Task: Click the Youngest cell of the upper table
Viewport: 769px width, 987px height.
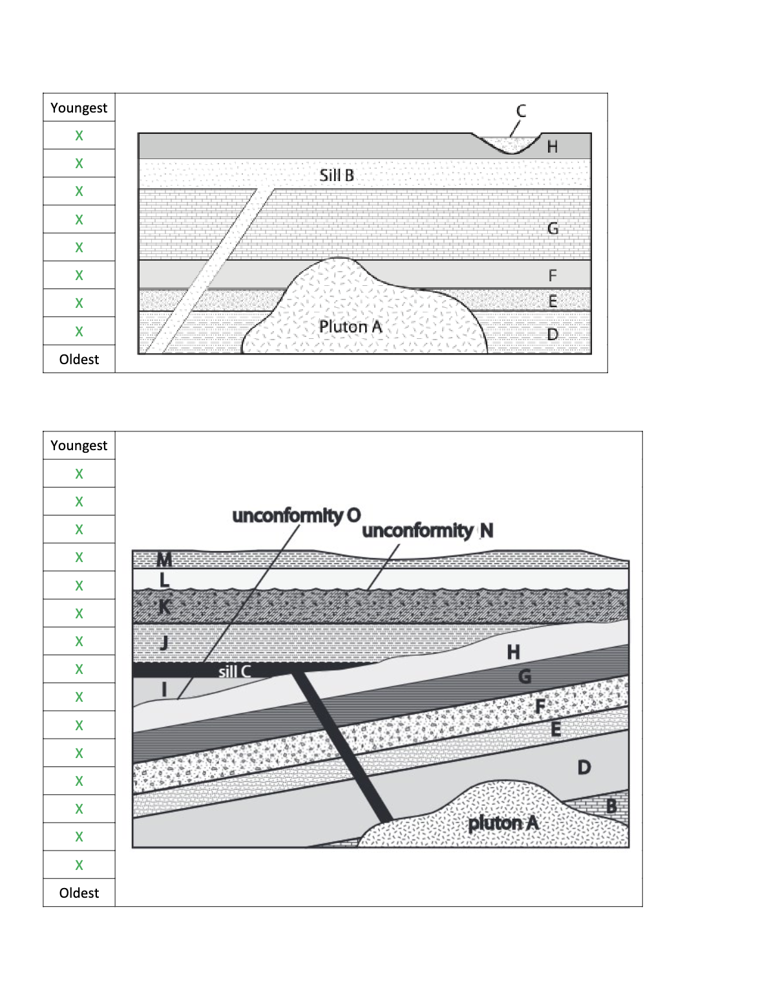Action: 79,107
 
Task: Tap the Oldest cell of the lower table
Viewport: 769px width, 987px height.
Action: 79,893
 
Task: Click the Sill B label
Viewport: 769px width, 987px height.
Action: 337,175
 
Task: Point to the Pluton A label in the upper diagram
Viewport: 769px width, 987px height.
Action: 351,327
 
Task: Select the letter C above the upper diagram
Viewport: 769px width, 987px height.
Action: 521,111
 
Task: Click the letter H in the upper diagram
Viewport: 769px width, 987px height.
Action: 553,147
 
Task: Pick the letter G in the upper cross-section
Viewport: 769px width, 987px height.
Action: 553,228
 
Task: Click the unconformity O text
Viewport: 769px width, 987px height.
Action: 296,515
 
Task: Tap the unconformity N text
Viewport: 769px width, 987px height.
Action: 428,530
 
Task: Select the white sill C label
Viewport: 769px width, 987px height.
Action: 234,671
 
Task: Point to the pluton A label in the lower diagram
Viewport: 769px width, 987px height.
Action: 503,823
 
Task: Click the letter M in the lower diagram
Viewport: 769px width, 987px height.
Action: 164,559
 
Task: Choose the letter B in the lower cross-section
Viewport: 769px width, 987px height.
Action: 611,807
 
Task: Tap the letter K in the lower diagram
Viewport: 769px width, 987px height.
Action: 164,607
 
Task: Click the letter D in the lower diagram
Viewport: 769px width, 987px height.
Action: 584,768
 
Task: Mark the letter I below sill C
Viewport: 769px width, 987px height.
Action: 164,689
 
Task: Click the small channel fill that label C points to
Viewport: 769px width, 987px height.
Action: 514,145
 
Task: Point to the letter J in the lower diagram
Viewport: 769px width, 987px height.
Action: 164,642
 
